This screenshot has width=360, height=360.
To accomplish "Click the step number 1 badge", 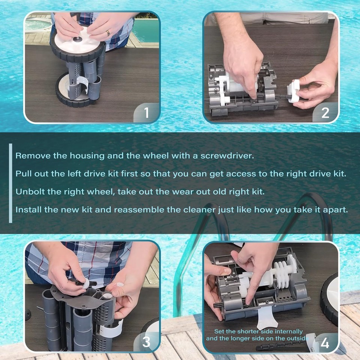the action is [146, 112].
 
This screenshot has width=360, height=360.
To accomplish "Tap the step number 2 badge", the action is [325, 112].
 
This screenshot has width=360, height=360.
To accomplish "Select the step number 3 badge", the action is [146, 342].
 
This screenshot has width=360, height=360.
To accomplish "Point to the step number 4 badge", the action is [325, 343].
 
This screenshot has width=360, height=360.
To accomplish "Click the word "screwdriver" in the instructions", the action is [227, 156].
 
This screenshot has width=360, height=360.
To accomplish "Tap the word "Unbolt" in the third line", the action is [30, 192].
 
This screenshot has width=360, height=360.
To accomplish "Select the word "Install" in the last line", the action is [28, 209].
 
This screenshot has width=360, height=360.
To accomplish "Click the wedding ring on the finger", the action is [108, 33].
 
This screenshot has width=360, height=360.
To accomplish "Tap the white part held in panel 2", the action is [293, 91].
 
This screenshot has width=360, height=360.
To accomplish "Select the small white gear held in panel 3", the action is [120, 285].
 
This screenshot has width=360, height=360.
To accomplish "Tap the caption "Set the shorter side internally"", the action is [258, 331].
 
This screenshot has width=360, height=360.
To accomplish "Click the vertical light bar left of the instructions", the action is [10, 183].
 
